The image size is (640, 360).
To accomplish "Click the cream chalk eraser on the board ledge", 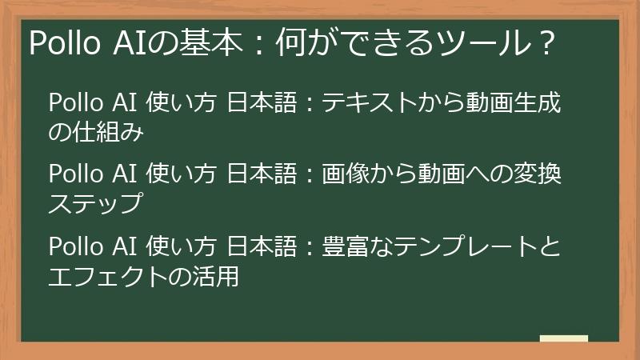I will (x=564, y=338).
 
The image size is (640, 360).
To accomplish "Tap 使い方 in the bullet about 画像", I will (x=183, y=174).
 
